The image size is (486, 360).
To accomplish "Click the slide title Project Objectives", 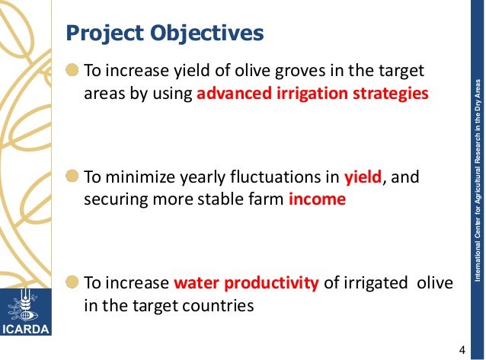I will click(165, 34).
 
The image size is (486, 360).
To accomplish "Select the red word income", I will click(317, 199).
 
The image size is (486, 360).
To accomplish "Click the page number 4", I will click(462, 349).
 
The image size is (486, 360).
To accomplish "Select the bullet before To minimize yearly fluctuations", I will click(72, 178).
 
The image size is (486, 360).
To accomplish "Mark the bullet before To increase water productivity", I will click(72, 284).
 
